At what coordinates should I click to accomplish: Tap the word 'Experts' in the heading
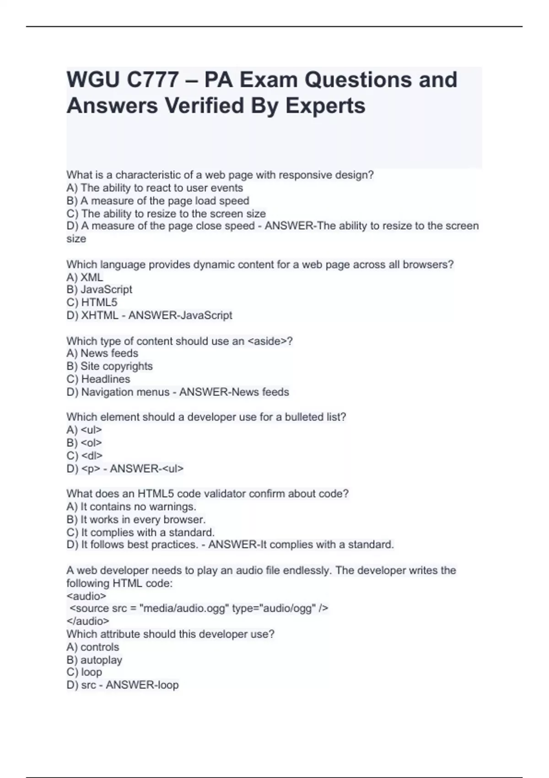click(x=325, y=106)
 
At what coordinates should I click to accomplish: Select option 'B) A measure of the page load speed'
click(x=158, y=200)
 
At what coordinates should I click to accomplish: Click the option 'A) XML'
click(x=85, y=277)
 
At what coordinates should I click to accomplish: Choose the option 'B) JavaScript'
click(x=99, y=290)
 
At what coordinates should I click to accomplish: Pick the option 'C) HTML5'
click(x=92, y=303)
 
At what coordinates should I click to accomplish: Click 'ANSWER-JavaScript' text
click(x=180, y=315)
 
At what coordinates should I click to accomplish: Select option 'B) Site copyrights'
click(x=110, y=366)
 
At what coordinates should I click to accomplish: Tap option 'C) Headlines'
click(x=98, y=379)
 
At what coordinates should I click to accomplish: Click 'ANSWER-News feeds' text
click(x=234, y=392)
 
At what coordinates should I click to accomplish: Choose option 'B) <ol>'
click(x=84, y=443)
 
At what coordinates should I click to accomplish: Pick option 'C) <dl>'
click(x=85, y=455)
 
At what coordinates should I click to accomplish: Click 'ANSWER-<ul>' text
click(x=146, y=468)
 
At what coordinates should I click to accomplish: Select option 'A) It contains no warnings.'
click(x=131, y=507)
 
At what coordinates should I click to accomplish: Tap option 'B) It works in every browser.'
click(x=136, y=519)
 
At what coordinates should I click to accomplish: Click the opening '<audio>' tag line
click(x=86, y=596)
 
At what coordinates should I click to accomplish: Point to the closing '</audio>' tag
click(x=88, y=621)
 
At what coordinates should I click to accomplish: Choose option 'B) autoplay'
click(x=94, y=660)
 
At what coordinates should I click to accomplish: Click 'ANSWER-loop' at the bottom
click(x=142, y=685)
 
